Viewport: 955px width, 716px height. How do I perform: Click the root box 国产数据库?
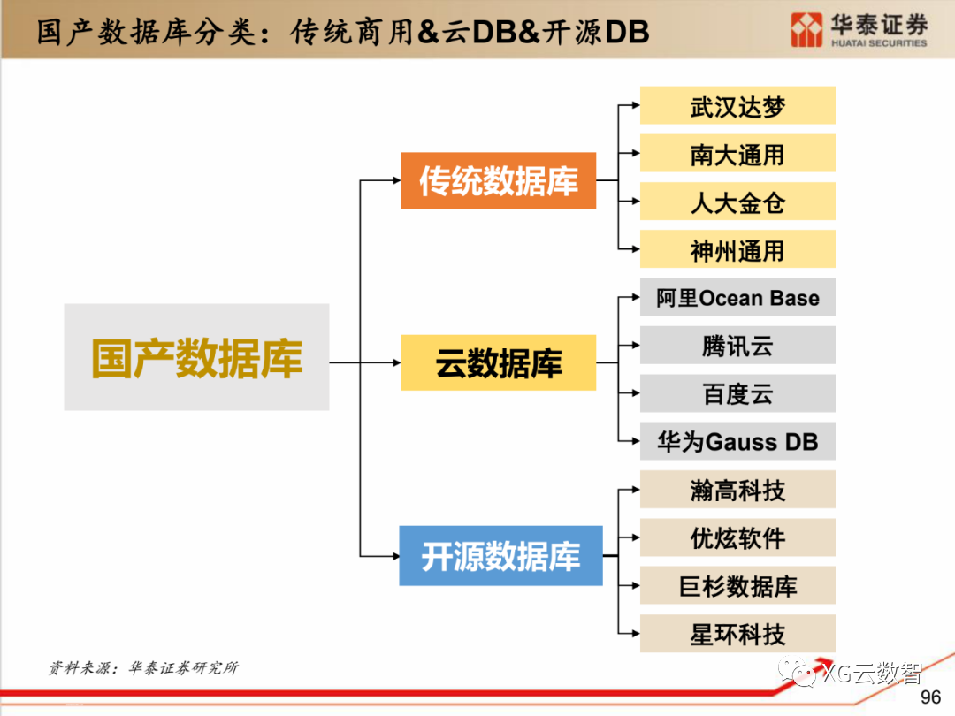[x=196, y=357]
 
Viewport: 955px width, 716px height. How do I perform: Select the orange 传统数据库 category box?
[x=498, y=180]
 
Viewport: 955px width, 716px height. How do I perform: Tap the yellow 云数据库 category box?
[x=498, y=362]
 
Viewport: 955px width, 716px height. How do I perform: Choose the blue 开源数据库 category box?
[x=500, y=556]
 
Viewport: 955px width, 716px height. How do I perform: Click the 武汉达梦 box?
[x=737, y=106]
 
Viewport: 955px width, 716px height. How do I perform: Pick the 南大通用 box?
[x=737, y=154]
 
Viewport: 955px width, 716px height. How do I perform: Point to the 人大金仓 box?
[x=737, y=202]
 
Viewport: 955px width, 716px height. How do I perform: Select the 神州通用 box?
[x=737, y=249]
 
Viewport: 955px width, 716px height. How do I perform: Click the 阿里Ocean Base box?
[x=737, y=298]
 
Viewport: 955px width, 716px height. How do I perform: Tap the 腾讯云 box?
[x=737, y=346]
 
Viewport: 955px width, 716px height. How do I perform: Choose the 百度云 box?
[x=737, y=393]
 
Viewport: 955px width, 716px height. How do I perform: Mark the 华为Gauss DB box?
[x=737, y=441]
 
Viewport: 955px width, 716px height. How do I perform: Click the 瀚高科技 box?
[x=737, y=490]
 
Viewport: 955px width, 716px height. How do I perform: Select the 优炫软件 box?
[x=737, y=537]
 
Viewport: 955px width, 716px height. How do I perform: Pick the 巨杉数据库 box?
[x=737, y=585]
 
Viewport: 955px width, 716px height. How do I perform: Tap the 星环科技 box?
[x=737, y=633]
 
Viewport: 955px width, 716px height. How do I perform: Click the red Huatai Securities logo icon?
[x=806, y=29]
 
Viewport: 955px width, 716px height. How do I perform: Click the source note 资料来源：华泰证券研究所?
[x=143, y=668]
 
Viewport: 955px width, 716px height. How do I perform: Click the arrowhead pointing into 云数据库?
[x=395, y=362]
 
